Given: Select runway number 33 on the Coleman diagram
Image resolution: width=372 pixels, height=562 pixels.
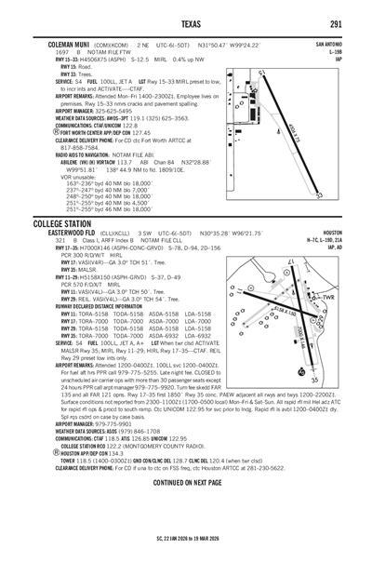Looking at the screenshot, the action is (319, 195).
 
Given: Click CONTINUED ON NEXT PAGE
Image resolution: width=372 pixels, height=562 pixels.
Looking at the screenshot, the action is (186, 510).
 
